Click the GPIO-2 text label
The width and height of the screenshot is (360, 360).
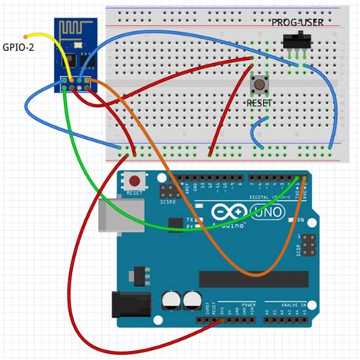(x=19, y=46)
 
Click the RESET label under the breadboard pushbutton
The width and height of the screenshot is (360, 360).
(x=260, y=101)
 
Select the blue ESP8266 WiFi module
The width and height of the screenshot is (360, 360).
(x=75, y=53)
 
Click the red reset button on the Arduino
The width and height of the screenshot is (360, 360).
(x=136, y=182)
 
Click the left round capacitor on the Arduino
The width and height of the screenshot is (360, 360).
(x=172, y=300)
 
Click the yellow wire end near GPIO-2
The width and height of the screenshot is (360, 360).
(x=27, y=35)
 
